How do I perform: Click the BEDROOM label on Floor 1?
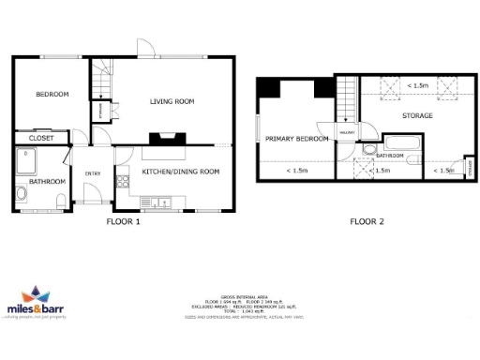[x=52, y=95]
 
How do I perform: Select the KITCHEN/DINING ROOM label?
[x=180, y=172]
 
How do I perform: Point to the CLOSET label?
[x=41, y=138]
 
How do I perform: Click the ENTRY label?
[x=93, y=173]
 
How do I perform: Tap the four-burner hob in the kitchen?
[x=120, y=181]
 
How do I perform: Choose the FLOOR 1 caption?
[x=122, y=223]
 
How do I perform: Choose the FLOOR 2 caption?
[x=368, y=223]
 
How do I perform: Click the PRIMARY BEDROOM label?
[x=296, y=139]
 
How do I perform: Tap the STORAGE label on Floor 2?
[x=417, y=115]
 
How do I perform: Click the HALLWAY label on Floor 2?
[x=346, y=133]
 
